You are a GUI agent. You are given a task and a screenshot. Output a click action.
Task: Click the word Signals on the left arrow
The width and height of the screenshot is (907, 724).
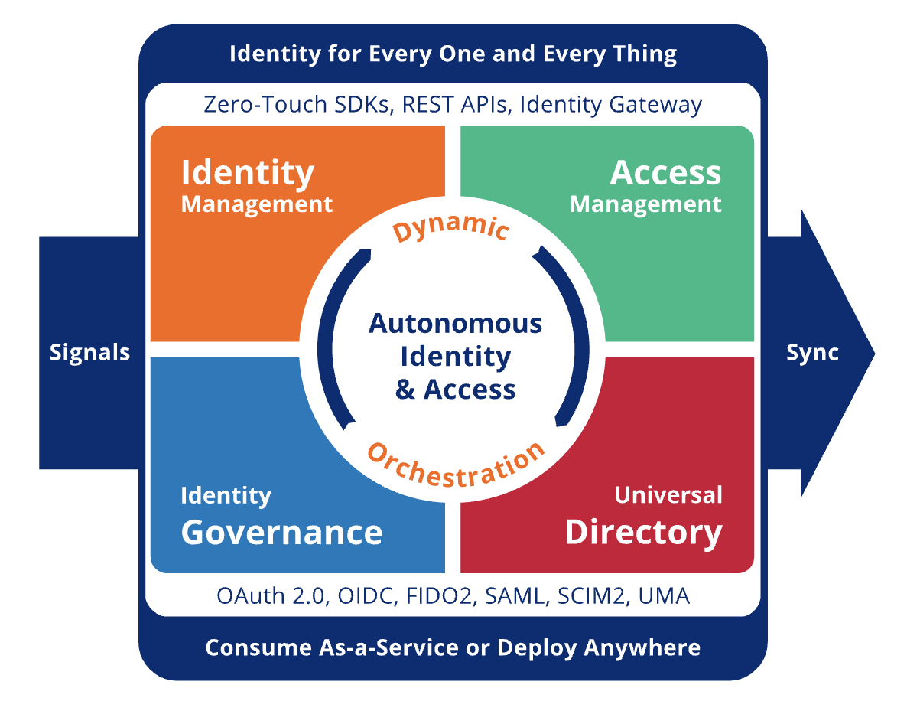89,353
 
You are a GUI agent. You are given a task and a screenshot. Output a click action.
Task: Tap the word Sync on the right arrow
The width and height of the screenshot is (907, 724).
812,353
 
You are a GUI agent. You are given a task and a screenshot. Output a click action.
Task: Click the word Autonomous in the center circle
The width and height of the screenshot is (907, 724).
455,324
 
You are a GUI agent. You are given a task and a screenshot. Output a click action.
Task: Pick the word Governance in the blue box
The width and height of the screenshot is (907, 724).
281,533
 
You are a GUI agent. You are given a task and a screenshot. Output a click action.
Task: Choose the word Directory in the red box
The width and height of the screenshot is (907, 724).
643,533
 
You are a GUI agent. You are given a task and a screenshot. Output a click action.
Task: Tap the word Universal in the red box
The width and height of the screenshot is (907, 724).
668,495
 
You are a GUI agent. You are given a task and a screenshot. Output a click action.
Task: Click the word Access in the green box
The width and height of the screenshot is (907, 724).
665,173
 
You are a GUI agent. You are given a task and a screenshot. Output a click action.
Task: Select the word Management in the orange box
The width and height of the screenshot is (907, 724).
257,204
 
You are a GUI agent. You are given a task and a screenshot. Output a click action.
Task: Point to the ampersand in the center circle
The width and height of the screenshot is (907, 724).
405,390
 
